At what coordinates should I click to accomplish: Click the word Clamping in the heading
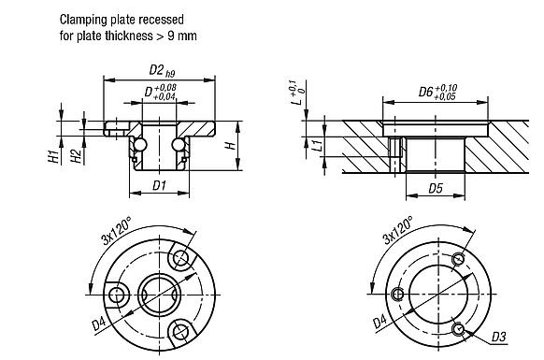coord(85,19)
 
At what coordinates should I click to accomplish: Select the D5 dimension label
coord(436,188)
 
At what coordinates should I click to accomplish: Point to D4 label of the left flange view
coord(99,324)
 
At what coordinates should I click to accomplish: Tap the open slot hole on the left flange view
coord(116,293)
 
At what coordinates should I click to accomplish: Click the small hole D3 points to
coord(457,328)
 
